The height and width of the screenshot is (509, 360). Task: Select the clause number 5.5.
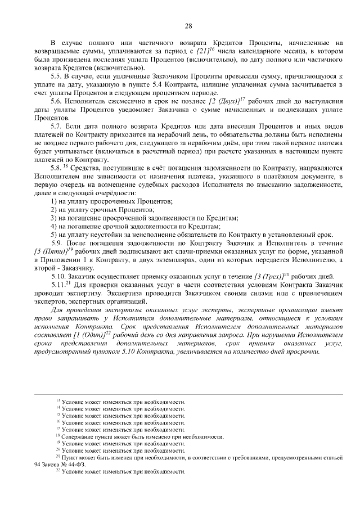[56, 75]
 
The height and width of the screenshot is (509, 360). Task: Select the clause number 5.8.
[56, 167]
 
